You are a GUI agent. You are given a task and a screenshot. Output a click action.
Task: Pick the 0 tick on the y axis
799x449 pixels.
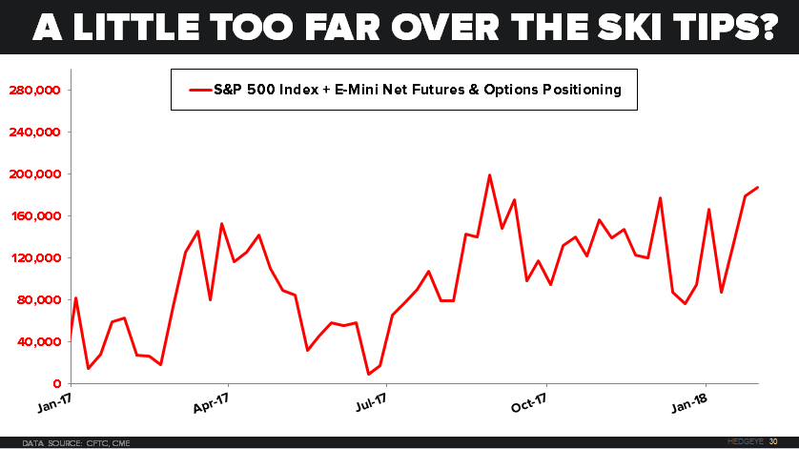pos(58,383)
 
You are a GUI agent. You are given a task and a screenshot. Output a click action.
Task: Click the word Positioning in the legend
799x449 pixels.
pos(576,91)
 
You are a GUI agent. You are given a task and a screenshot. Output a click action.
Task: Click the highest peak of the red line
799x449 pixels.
pos(489,175)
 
